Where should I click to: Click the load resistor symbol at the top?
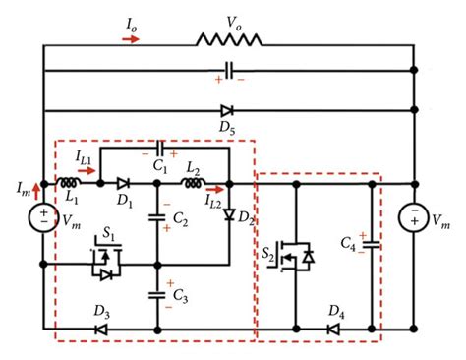(x=229, y=39)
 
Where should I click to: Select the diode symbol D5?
(x=228, y=111)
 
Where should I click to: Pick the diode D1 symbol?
(x=124, y=183)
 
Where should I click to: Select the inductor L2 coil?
(x=196, y=183)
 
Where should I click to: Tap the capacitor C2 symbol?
(x=158, y=217)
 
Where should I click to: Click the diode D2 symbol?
(x=228, y=213)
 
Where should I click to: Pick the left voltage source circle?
(x=43, y=217)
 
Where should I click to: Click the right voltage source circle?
(x=414, y=217)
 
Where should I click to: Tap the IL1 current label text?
(x=87, y=155)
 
